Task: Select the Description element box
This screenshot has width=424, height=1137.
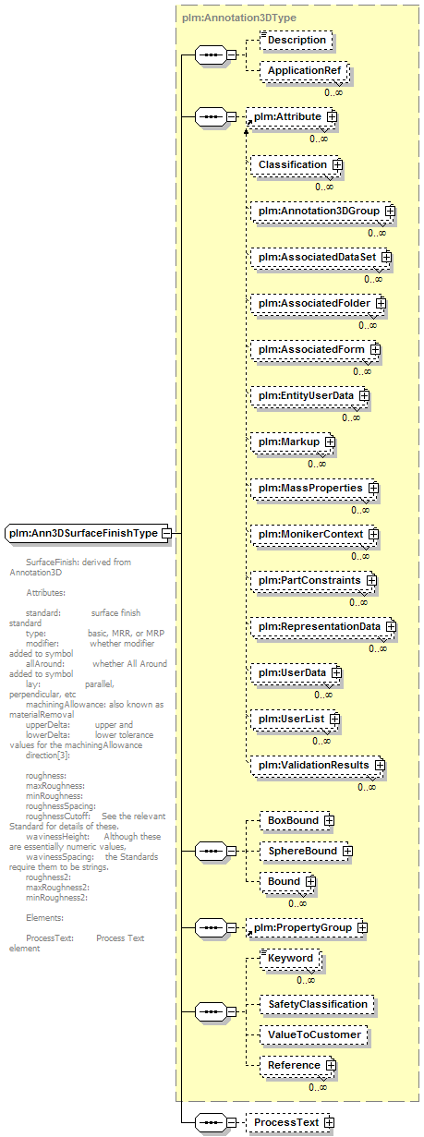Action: coord(297,40)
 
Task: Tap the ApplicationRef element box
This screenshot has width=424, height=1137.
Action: coord(305,70)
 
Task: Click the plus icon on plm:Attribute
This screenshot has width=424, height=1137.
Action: coord(333,116)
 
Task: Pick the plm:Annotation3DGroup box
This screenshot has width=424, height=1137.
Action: coord(323,212)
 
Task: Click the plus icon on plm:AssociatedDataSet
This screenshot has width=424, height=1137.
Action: coord(386,258)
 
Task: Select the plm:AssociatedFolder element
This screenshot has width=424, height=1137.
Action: coord(319,304)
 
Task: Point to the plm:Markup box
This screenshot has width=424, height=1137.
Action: coord(293,442)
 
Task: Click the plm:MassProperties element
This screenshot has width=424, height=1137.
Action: coord(315,489)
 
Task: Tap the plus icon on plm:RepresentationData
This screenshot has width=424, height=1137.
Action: coord(391,627)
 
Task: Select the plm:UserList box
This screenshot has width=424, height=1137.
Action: coord(296,720)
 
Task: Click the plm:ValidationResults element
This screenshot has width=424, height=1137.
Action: coord(318,766)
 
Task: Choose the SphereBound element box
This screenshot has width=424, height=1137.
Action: coord(306,852)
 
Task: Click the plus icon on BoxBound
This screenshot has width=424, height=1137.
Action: coord(330,821)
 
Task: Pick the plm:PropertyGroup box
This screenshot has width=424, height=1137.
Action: coord(307,928)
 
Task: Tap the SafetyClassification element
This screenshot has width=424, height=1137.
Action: coord(318,1005)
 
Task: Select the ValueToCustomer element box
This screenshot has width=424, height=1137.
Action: coord(314,1035)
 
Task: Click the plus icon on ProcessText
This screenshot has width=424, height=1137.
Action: coord(330,1122)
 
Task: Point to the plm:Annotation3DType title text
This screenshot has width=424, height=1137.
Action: coord(239,18)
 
